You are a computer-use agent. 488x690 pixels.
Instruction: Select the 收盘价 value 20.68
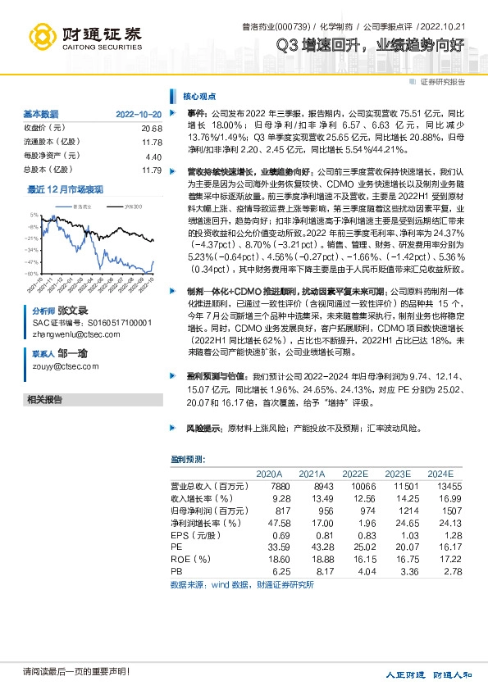152,128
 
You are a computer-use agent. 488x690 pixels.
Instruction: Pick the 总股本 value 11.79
152,170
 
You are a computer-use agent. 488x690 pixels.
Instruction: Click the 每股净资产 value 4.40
153,156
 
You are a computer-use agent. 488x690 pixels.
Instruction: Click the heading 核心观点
199,95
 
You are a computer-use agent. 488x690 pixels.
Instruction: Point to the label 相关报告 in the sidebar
44,400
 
